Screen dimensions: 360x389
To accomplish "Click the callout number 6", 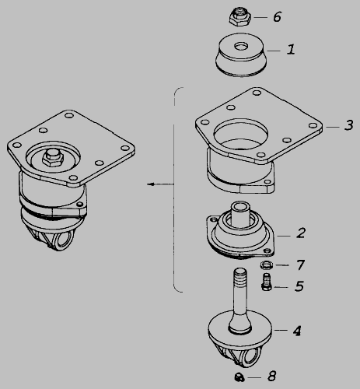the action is pos(277,17).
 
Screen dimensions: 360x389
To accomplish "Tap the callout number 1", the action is pos(291,49).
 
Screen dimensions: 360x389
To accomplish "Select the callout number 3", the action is pos(349,125).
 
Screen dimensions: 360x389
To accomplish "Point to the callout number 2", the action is pos(301,233).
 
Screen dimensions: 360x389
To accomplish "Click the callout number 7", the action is pos(300,265).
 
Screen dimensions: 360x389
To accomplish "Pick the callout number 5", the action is pos(299,286).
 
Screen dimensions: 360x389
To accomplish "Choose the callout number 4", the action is pos(297,331).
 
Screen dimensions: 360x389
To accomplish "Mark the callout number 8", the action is pos(272,376).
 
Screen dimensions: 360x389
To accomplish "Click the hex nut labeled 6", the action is pos(239,16).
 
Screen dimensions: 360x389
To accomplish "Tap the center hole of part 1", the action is pos(241,47).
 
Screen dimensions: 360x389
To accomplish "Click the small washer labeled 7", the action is pos(266,265).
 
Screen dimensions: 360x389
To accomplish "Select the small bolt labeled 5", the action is pos(266,282).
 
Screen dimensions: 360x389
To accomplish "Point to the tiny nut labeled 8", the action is pos(239,377).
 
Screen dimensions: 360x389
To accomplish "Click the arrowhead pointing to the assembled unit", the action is pos(151,184).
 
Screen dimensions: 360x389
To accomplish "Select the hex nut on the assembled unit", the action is pos(53,157).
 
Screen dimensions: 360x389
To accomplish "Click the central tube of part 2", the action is pos(241,216).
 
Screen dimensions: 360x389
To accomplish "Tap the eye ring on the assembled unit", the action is pos(64,240).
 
